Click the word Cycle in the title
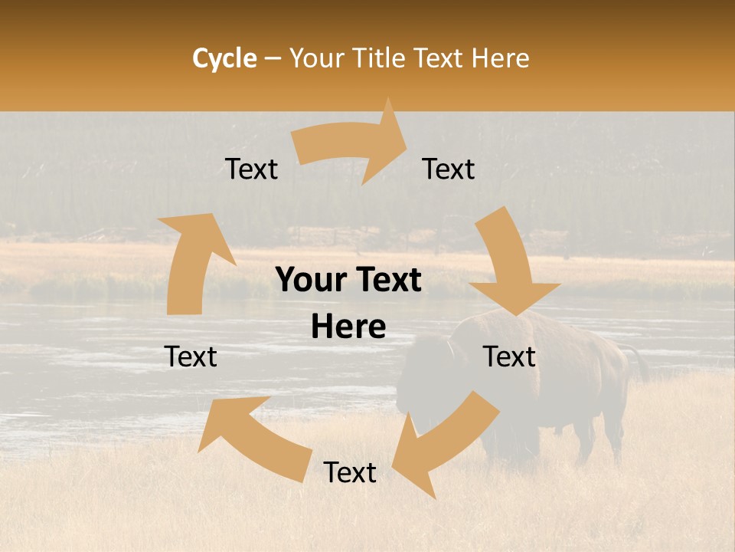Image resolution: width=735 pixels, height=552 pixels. [x=224, y=58]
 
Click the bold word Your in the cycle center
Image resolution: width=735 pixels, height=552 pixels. [x=309, y=281]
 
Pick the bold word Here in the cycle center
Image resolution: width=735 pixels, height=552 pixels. [x=348, y=327]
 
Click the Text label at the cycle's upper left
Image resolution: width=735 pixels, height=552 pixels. [x=251, y=169]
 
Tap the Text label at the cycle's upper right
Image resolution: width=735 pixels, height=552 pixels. [x=449, y=169]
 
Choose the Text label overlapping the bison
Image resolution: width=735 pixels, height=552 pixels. [x=510, y=356]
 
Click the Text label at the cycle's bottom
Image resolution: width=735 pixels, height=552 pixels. [x=350, y=473]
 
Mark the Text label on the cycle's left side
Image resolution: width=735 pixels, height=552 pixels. [x=191, y=356]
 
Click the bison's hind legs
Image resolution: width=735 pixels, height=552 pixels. [x=605, y=437]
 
